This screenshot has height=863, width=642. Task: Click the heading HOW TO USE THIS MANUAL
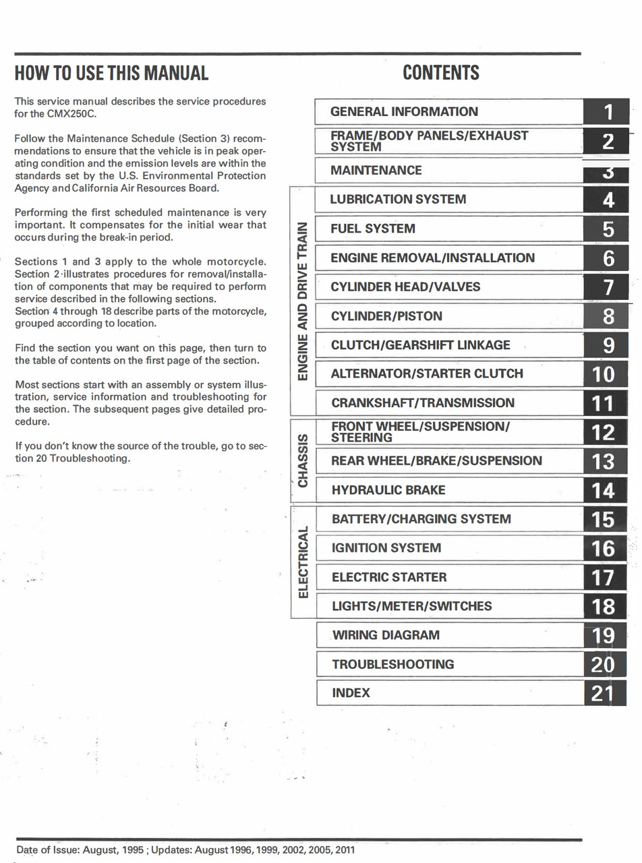click(x=111, y=73)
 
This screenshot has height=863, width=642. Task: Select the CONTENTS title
click(x=441, y=73)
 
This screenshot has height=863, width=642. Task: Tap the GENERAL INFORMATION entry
click(x=404, y=112)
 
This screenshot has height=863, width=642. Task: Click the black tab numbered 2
click(x=608, y=141)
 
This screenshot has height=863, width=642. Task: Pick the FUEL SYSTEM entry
click(x=372, y=229)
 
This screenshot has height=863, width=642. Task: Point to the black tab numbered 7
click(x=608, y=287)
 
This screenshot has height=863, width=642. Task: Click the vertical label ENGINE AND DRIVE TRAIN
click(x=303, y=300)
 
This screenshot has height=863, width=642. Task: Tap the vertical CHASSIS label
click(x=303, y=460)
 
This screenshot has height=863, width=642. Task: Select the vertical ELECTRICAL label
click(x=303, y=562)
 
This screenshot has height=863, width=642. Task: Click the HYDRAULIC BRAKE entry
click(x=388, y=490)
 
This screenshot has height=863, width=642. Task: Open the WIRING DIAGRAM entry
click(x=386, y=635)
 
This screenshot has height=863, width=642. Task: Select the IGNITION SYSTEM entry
click(x=386, y=548)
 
